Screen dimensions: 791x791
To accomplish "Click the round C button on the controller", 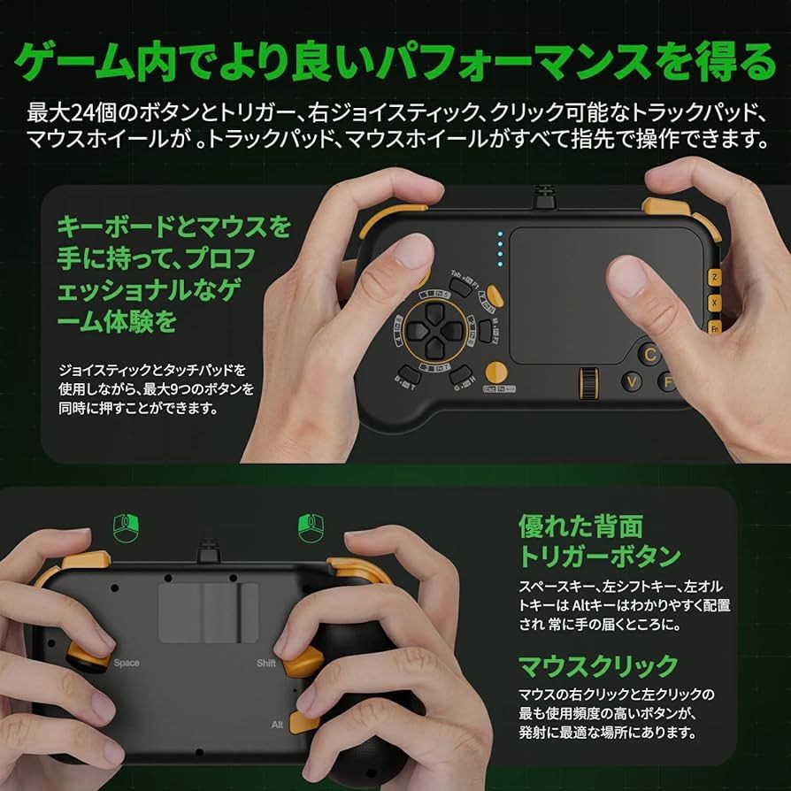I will point(651,354).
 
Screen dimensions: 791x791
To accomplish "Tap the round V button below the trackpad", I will point(632,382).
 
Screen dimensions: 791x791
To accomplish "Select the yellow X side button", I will point(714,302).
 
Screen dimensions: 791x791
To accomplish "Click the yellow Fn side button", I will point(714,327).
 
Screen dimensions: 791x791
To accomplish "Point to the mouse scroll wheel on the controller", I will point(585,382).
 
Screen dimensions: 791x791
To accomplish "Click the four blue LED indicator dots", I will point(500,249).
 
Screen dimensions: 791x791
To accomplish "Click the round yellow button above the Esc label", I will point(497,372).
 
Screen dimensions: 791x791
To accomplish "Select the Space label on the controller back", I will point(126,663).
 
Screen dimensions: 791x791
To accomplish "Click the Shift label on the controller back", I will point(266,663).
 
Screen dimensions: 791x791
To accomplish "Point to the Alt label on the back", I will point(277,725).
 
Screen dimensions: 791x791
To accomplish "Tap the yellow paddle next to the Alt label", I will point(304,723).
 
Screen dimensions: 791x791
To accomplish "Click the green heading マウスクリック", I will point(598,665).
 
